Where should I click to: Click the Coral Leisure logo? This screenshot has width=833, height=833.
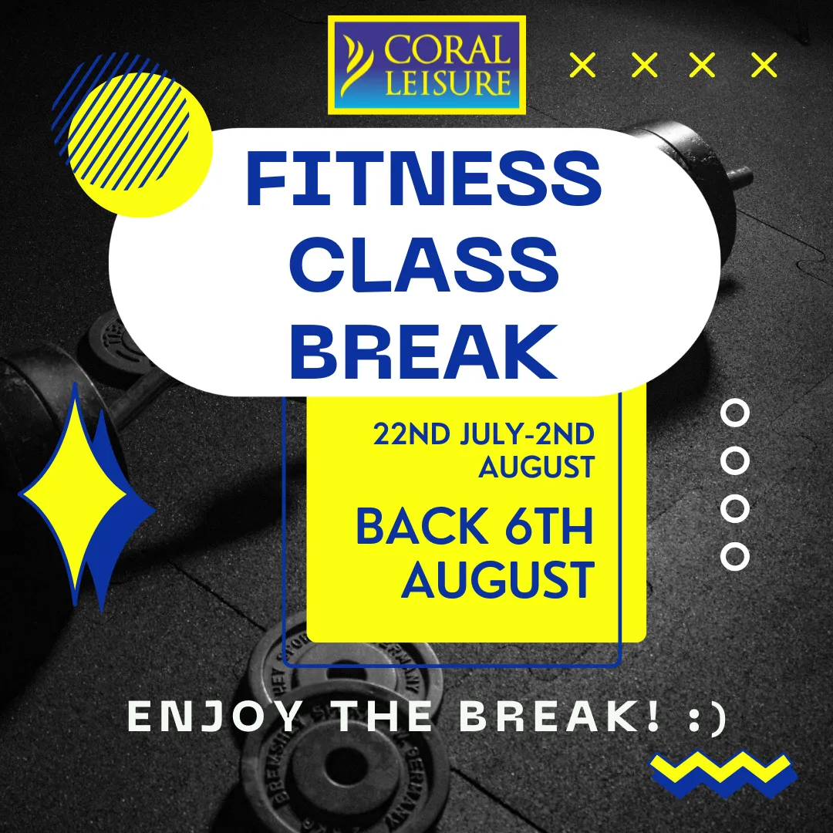pos(427,65)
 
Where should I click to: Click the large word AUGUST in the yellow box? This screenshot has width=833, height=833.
pos(497,580)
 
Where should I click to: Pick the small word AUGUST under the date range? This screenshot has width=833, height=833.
pos(536,467)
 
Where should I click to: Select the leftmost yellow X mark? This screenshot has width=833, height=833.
pos(582,66)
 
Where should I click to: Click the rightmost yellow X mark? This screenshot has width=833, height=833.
pos(764,66)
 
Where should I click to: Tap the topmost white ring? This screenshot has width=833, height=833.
pos(734,413)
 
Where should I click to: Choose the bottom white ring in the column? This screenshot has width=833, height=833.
pos(734,556)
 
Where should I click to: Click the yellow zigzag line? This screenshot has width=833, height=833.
pos(720,767)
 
